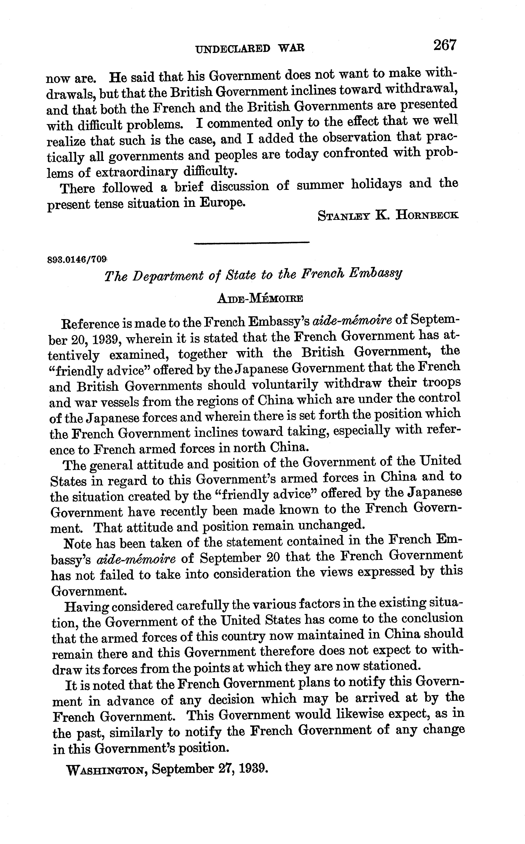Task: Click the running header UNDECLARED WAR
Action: (250, 48)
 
